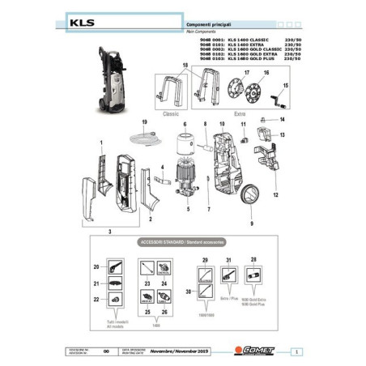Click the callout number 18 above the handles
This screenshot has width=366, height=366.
coord(184,64)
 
